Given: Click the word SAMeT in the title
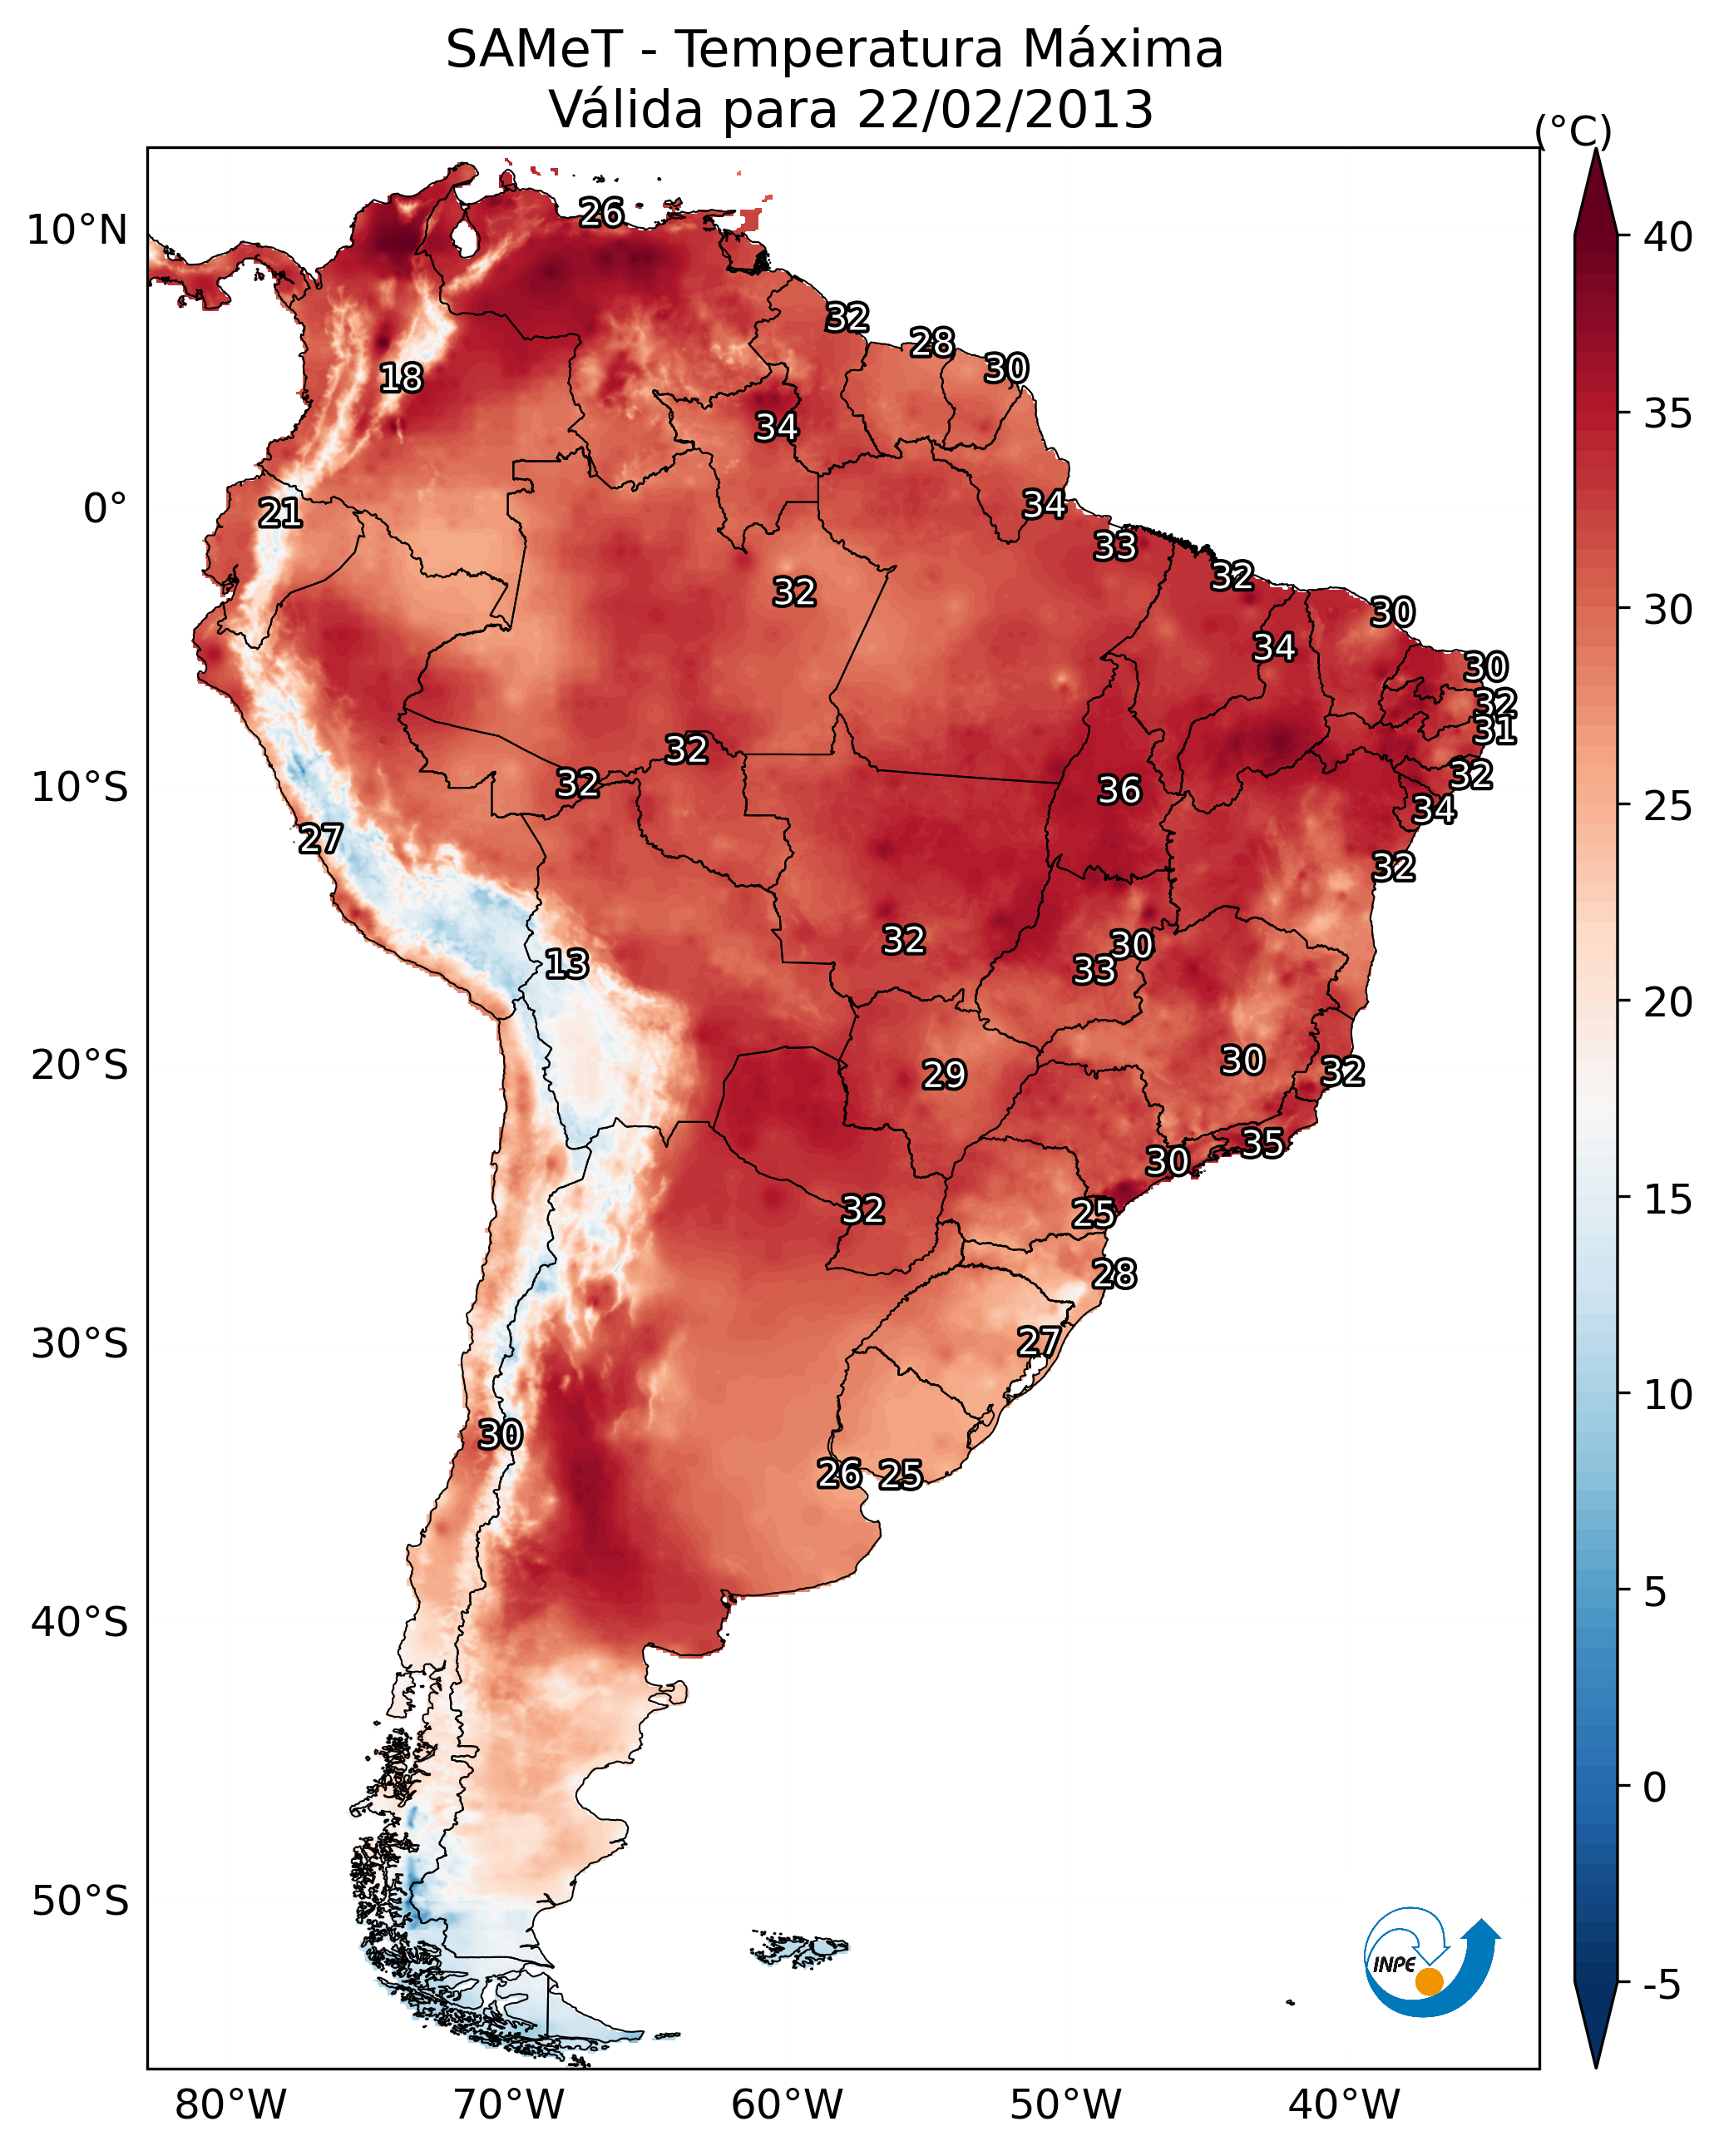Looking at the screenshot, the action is point(535,49).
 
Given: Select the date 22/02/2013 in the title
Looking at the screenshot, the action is point(1005,109).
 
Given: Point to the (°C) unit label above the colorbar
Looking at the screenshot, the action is point(1573,131).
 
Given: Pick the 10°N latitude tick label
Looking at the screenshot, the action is point(77,230).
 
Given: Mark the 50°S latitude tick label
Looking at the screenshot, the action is point(80,1901).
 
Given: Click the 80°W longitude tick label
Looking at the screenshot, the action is point(230,2105).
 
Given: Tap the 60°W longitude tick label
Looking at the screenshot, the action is point(788,2105).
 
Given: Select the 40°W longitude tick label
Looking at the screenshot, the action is point(1344,2105).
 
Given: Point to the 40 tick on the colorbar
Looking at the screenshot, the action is point(1668,237).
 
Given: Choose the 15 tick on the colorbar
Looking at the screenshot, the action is point(1668,1200).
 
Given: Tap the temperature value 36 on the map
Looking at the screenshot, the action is point(1119,790).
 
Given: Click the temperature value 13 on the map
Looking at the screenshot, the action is point(566,964).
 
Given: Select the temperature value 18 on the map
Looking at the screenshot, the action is point(401,378).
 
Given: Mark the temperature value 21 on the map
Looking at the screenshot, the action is point(280,514).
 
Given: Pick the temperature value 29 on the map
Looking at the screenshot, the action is point(944,1075).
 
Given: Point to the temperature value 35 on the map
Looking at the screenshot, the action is point(1262,1142).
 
